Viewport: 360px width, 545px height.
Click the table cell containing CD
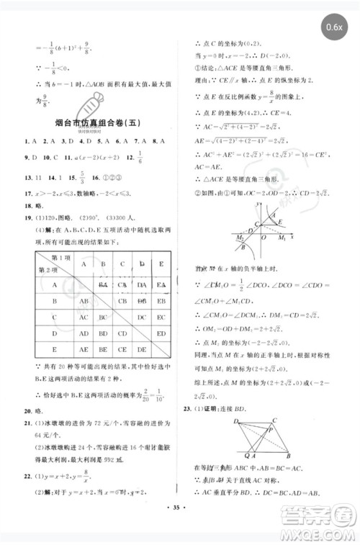[x=122, y=333]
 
